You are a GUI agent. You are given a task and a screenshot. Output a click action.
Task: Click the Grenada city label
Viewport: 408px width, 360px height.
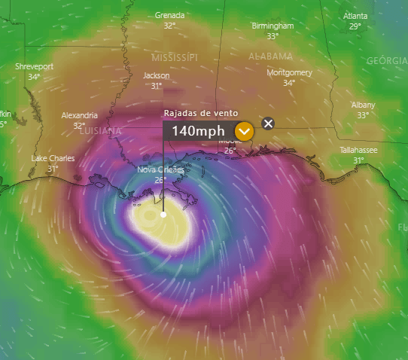click(169, 15)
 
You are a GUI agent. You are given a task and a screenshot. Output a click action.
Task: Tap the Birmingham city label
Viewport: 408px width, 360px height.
click(273, 26)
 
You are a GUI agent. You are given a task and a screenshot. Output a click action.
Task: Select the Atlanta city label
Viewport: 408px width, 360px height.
click(355, 16)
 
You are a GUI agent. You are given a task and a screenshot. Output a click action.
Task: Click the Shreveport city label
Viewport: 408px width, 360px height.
click(34, 66)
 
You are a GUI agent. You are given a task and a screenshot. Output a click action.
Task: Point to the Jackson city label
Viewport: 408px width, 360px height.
click(157, 75)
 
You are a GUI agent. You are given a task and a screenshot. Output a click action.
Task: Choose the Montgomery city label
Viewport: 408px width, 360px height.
click(289, 72)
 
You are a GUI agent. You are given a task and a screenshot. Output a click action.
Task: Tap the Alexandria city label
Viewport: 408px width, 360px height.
click(79, 115)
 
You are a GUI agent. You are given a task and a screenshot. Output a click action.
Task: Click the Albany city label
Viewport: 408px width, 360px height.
click(363, 105)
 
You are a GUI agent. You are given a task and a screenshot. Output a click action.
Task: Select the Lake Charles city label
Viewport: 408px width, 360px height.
click(53, 158)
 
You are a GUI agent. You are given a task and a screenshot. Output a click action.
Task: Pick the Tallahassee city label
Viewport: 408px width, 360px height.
click(358, 150)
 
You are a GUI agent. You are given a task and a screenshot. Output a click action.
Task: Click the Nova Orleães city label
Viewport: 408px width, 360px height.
click(160, 170)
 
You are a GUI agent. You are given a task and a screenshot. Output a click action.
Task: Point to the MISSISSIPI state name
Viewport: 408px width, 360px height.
click(174, 57)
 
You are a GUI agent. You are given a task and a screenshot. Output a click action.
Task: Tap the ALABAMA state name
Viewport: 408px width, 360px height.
click(270, 56)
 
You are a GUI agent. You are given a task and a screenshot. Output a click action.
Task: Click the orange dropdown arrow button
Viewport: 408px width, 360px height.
click(244, 131)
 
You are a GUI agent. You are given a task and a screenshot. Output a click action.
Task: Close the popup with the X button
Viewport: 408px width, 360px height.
click(268, 124)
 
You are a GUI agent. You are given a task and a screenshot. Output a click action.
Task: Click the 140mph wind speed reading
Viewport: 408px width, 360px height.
click(197, 131)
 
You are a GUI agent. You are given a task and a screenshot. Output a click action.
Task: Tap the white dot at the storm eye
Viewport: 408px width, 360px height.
click(163, 215)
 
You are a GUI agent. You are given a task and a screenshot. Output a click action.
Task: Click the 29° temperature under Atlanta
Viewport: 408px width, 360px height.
click(355, 26)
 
